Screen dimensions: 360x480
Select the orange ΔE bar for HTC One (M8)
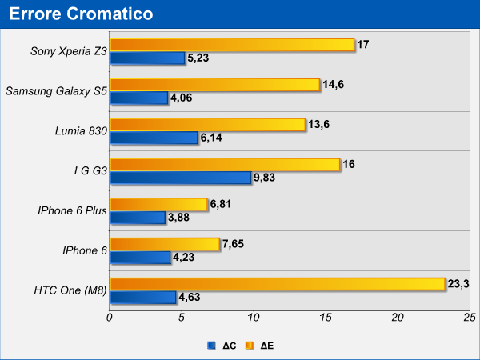pos(277,284)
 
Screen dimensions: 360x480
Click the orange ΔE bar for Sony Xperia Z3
pos(232,45)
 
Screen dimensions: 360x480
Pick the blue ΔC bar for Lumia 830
pos(154,138)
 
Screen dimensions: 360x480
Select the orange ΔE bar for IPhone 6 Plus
pos(158,204)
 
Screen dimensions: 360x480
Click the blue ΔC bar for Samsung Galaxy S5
pos(138,98)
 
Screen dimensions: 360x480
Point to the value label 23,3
pos(460,283)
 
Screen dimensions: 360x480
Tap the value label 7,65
pos(235,243)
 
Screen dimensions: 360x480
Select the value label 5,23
pos(199,58)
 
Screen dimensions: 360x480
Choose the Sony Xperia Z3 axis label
pos(68,51)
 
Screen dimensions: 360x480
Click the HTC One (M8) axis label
pos(70,290)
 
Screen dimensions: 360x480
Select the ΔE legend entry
pos(261,346)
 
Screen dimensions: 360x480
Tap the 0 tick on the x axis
pos(110,318)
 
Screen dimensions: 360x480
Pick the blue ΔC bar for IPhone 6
pos(140,258)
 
